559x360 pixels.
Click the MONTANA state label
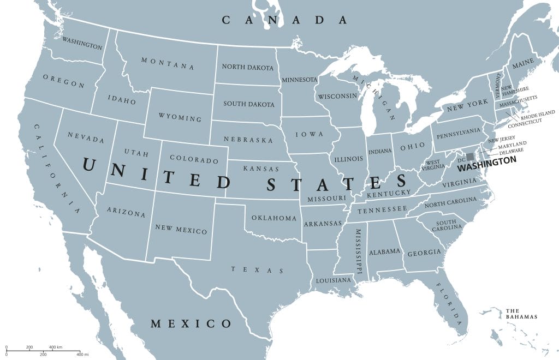coord(168,63)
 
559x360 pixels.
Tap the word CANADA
coord(284,20)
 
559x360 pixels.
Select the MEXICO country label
coord(191,323)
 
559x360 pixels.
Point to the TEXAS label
coord(257,269)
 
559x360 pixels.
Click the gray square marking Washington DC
coord(470,157)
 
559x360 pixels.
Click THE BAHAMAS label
coord(521,313)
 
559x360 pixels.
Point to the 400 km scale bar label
coord(55,347)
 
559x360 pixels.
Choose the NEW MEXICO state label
coord(181,229)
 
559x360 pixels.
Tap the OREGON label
coord(63,81)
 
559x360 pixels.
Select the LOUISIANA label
coord(334,280)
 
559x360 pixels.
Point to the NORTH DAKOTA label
coord(247,67)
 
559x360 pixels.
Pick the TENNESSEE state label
coord(382,209)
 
